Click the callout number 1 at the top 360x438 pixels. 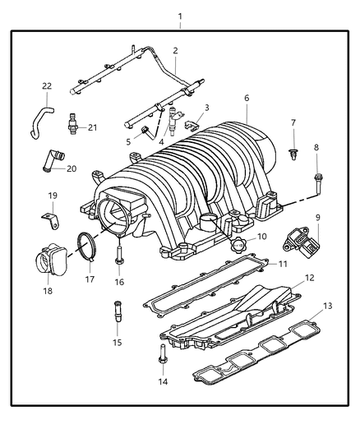pyautogui.click(x=180, y=16)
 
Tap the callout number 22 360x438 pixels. pyautogui.click(x=48, y=86)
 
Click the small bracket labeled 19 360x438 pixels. pyautogui.click(x=52, y=221)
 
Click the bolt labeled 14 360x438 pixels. pyautogui.click(x=162, y=358)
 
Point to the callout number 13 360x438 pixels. pyautogui.click(x=328, y=306)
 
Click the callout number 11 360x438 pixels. pyautogui.click(x=281, y=264)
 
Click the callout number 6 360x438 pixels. pyautogui.click(x=246, y=98)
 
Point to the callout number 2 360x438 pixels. pyautogui.click(x=175, y=51)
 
